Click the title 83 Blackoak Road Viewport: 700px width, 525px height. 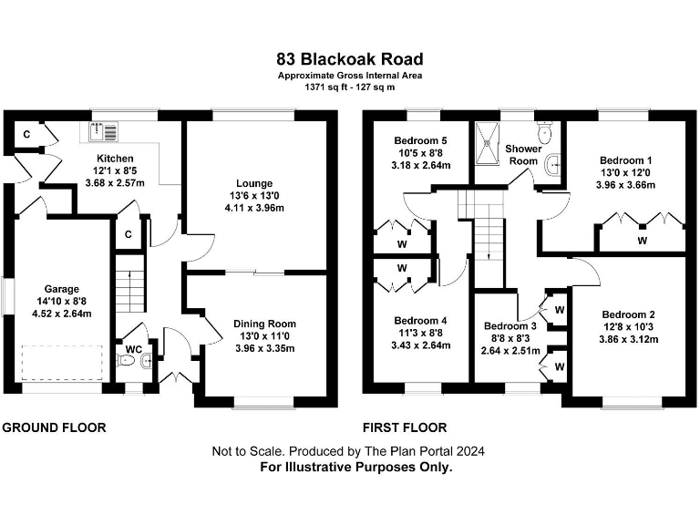coord(350,59)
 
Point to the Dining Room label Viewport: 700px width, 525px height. coord(265,324)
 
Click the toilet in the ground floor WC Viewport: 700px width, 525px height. coord(129,362)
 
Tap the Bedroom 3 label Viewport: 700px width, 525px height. coord(509,326)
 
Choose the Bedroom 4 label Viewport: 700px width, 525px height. coord(419,321)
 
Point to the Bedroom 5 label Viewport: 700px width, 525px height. coord(420,140)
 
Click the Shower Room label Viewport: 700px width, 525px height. coord(523,154)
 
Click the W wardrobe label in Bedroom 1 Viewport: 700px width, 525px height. coord(642,241)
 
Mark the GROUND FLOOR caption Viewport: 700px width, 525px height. coord(54,427)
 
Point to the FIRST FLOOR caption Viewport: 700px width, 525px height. coord(405,427)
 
